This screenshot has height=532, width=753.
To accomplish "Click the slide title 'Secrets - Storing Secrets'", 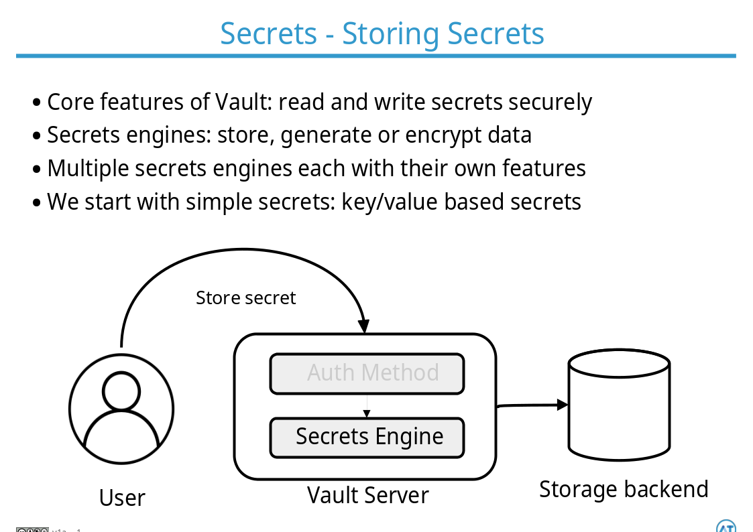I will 382,34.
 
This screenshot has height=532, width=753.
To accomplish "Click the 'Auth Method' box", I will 367,373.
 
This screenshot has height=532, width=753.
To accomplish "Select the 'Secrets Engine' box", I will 367,437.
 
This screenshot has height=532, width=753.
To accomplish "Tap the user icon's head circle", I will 121,390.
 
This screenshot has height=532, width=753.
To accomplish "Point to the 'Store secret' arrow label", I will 245,298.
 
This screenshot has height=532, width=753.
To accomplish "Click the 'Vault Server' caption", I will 367,496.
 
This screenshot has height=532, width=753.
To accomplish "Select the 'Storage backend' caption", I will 623,489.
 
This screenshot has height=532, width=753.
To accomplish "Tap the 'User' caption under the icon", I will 122,498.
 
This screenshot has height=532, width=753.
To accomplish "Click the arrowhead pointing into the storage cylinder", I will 562,405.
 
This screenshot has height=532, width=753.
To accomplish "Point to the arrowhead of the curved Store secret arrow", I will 363,326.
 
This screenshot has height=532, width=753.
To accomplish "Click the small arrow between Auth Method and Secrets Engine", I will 367,411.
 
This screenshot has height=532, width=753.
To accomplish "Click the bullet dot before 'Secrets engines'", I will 37,136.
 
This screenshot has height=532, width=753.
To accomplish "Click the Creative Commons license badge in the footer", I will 32,530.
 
